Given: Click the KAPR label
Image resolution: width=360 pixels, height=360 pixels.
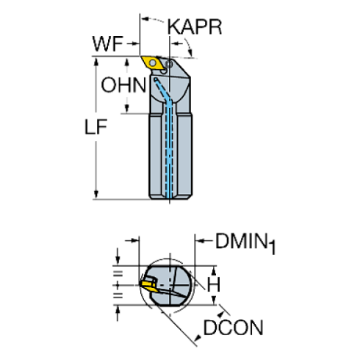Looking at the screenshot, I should click(194, 28).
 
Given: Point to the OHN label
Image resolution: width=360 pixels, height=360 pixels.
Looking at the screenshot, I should click(123, 85).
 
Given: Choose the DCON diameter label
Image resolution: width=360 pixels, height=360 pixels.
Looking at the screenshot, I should click(233, 328).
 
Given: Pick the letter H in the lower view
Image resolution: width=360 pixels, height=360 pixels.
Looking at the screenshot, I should click(214, 282).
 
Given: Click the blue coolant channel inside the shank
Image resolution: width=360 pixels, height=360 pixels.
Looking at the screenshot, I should click(172, 147).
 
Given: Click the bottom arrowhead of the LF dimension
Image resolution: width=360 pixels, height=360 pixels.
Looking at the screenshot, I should click(96, 195).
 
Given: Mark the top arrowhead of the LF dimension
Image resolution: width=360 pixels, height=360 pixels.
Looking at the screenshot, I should click(96, 62).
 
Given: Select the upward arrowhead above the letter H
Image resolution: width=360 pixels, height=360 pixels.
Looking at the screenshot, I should click(213, 267).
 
